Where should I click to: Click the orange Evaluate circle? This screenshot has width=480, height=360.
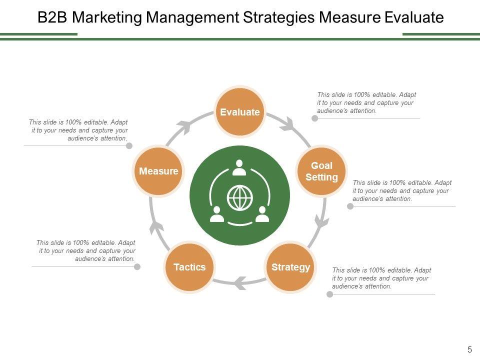tap(240, 112)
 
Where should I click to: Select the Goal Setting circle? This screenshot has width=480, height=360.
tap(321, 171)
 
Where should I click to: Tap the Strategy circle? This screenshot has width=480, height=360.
tap(290, 267)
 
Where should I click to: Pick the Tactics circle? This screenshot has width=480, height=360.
tap(189, 267)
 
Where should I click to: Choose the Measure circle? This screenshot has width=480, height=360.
tap(158, 171)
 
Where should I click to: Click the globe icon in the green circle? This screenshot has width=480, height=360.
tap(239, 198)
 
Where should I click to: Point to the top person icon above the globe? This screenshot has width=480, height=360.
tap(239, 168)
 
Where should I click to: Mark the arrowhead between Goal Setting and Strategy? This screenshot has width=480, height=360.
tap(321, 220)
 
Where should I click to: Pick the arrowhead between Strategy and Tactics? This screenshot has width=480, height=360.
tap(239, 283)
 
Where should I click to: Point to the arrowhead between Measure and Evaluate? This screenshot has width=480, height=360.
tap(183, 127)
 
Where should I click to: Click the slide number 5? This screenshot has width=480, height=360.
tap(469, 349)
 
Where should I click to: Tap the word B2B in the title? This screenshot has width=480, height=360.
tap(52, 18)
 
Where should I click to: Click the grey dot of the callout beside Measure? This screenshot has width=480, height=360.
tap(129, 145)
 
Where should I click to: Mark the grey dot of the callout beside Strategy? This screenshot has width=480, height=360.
tap(329, 294)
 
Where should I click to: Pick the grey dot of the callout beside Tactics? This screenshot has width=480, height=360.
tap(137, 266)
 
